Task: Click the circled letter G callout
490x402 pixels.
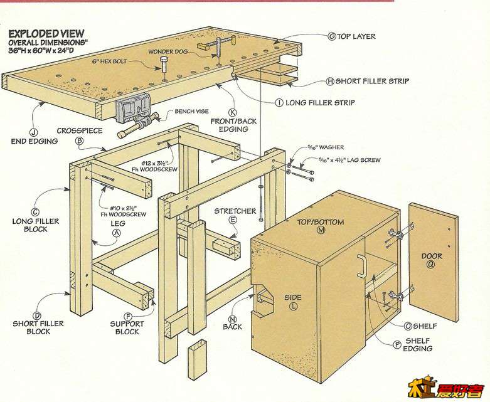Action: tap(332, 36)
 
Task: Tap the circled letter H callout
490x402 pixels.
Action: tap(330, 82)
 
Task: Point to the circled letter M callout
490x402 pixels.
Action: tap(322, 231)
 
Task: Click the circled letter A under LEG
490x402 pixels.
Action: tap(115, 232)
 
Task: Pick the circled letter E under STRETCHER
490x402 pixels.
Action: tap(233, 220)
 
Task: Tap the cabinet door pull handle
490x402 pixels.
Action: tap(361, 266)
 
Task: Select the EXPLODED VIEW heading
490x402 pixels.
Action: tap(46, 33)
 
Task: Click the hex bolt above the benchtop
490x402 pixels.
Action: tap(164, 65)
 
